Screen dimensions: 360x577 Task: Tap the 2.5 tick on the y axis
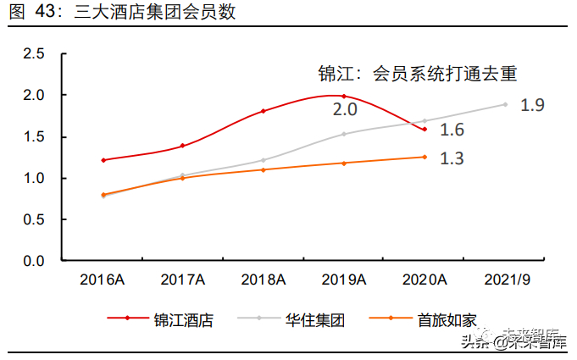click(x=33, y=54)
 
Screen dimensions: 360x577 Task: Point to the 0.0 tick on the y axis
click(x=33, y=261)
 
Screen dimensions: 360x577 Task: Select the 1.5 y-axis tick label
click(x=33, y=137)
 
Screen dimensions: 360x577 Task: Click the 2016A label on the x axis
click(x=103, y=279)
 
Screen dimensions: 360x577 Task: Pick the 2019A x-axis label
click(x=343, y=279)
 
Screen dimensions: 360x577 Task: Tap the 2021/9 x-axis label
click(x=505, y=279)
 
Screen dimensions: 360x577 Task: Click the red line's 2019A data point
click(x=343, y=97)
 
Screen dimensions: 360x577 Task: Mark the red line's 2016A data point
click(x=103, y=160)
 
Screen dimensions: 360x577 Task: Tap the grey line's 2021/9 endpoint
click(x=505, y=104)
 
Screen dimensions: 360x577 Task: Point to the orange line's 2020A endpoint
click(x=424, y=157)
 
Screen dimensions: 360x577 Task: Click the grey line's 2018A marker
click(x=263, y=160)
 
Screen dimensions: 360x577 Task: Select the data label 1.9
click(x=532, y=106)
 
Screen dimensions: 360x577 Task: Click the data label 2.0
click(x=345, y=110)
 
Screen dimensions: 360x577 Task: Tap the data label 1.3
click(x=452, y=158)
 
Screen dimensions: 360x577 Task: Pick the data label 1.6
click(x=452, y=130)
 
